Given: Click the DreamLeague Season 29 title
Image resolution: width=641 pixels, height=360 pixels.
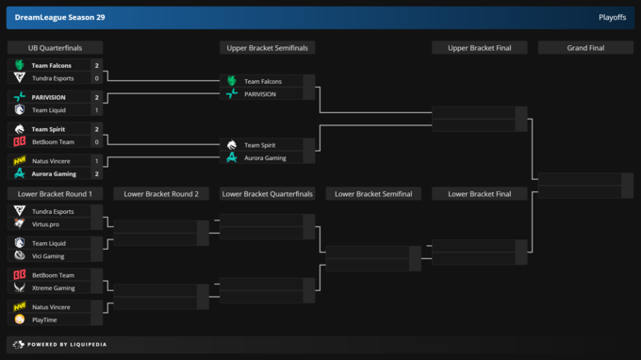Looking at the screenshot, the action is click(59, 17).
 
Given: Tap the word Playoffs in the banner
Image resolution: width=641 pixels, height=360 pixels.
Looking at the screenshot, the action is click(612, 17).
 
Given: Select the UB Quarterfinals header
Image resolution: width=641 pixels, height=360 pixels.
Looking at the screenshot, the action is click(55, 48).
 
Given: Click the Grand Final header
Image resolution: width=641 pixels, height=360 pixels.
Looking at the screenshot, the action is click(585, 48).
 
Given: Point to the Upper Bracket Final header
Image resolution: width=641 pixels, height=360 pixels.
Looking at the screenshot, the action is click(479, 48).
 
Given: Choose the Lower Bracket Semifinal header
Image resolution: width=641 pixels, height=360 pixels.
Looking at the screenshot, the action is click(373, 194).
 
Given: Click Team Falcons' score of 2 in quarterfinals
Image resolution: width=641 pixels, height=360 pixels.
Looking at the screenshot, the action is click(97, 65).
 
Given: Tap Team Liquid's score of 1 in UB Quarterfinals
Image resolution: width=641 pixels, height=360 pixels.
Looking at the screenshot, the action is click(97, 110).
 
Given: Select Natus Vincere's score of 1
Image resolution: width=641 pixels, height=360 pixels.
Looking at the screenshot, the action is click(97, 161).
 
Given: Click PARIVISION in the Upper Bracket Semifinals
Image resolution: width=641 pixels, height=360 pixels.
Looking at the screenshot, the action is click(260, 94).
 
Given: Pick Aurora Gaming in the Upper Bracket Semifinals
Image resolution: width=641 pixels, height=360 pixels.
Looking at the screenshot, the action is click(265, 157).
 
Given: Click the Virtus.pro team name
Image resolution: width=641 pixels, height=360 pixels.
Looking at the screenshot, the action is click(46, 224).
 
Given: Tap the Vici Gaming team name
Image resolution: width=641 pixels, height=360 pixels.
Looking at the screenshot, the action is click(48, 255).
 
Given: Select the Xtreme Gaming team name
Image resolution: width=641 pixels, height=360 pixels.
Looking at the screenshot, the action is click(54, 287).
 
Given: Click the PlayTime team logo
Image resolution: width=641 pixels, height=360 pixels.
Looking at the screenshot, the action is click(19, 319).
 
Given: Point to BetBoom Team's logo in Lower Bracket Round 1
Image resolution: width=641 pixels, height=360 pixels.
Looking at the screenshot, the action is click(19, 274).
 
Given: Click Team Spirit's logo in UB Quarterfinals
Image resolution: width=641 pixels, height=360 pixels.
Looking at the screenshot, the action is click(19, 129).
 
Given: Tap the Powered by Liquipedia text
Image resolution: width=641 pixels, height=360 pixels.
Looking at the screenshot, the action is click(67, 345).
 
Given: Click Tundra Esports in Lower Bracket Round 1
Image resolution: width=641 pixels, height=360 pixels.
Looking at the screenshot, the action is click(53, 211).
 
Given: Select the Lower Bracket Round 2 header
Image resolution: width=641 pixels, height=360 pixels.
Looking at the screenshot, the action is click(161, 194).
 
